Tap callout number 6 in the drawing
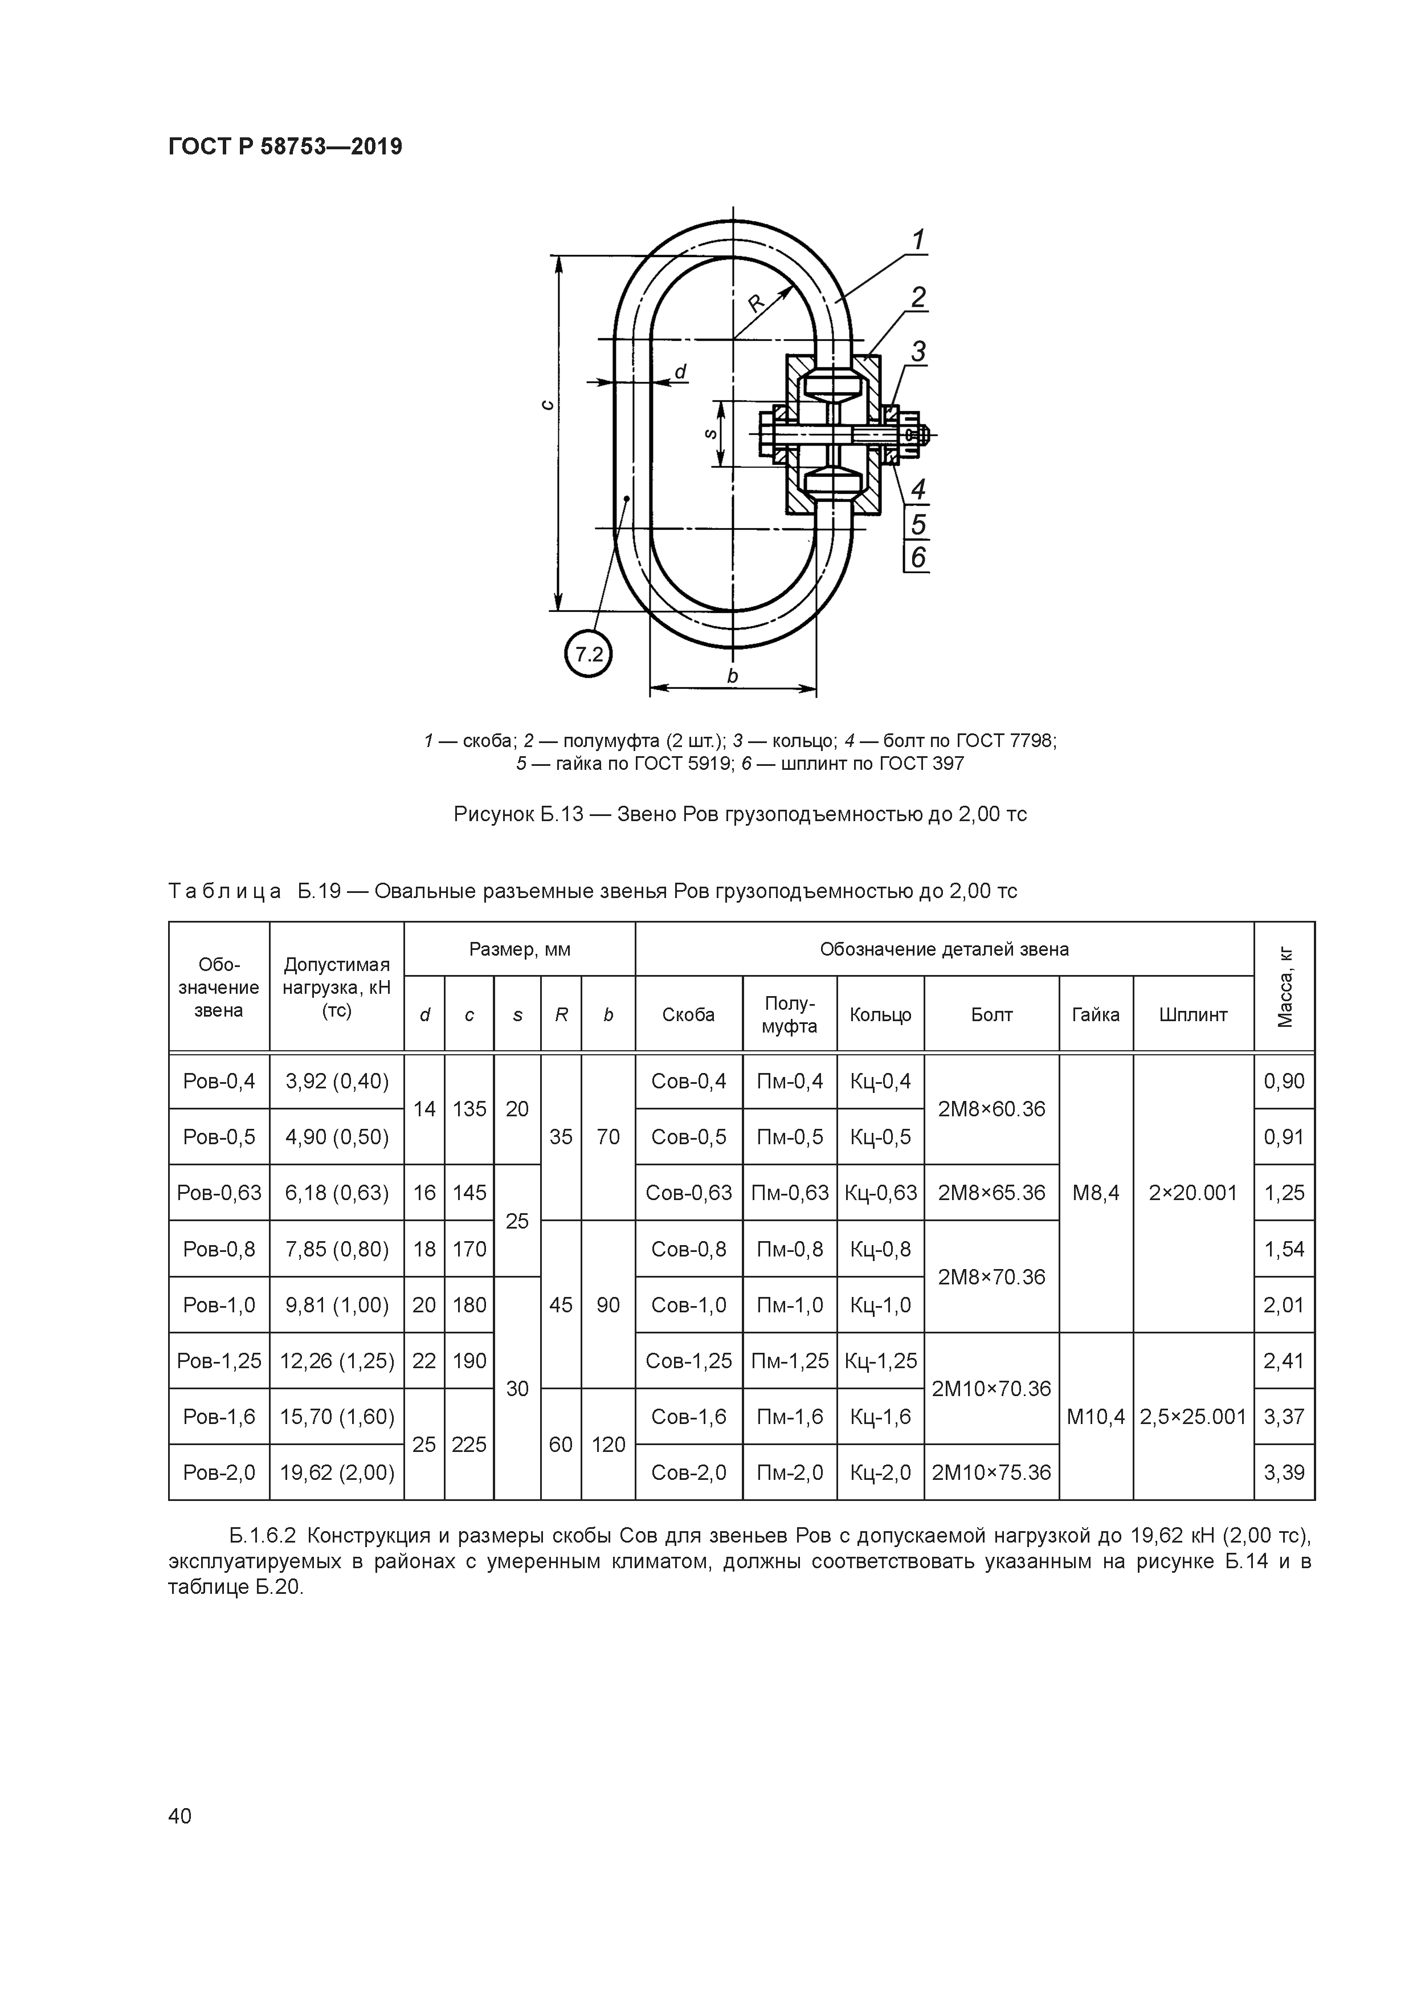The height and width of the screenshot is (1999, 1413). tap(918, 557)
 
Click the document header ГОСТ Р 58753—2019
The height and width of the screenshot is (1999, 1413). tap(285, 147)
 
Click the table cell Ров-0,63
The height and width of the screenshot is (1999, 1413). tap(219, 1192)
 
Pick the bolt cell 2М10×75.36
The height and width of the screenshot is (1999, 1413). tap(991, 1472)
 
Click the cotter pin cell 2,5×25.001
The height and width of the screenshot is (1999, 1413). tap(1193, 1417)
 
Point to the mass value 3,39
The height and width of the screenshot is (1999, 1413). tap(1284, 1472)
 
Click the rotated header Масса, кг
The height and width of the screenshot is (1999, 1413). tap(1285, 986)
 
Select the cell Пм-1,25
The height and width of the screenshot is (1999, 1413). tap(790, 1361)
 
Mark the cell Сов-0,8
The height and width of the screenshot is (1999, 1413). tap(689, 1249)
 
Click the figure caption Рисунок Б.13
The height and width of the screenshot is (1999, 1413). tap(740, 814)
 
